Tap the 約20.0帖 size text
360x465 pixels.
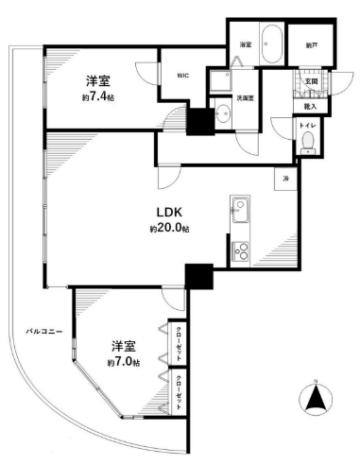(x=169, y=230)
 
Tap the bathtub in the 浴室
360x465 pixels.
(x=273, y=43)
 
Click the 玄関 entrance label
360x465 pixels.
(x=311, y=81)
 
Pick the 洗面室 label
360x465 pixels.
(x=245, y=98)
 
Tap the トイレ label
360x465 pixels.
(x=308, y=126)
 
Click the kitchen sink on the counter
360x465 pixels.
(x=239, y=206)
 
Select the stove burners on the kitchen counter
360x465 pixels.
(x=239, y=251)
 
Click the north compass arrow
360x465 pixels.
(x=317, y=402)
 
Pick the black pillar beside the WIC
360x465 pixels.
(x=200, y=121)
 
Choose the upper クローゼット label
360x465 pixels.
(x=180, y=337)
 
